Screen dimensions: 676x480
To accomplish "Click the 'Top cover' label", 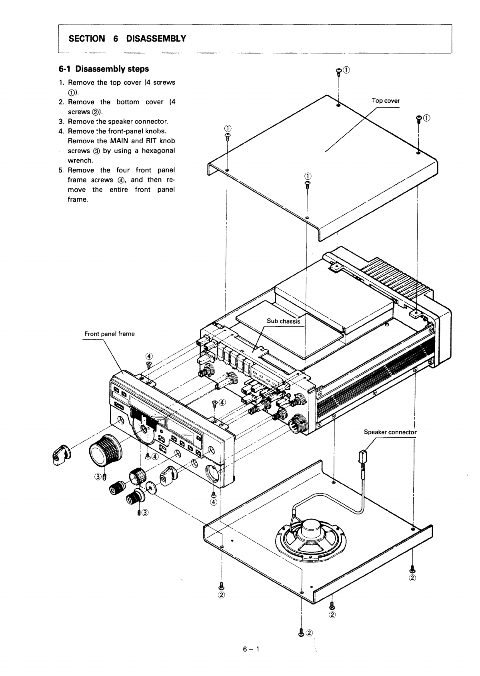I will (386, 101).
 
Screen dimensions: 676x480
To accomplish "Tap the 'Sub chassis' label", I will (284, 321).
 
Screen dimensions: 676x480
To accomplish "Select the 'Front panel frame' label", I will (110, 334).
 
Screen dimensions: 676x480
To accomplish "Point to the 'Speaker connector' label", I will (390, 432).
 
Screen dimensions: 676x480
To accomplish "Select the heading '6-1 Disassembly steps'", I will (104, 69).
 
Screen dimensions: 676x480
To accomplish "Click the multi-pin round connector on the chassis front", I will (298, 422).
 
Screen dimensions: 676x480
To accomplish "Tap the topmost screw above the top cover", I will (339, 71).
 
